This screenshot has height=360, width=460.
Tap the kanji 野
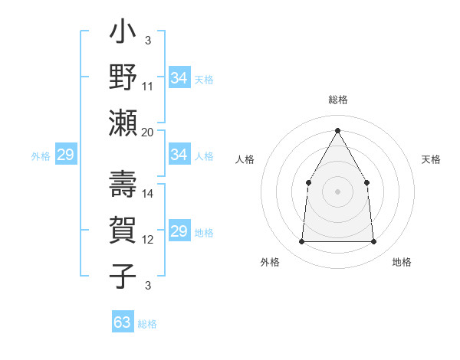point(123,77)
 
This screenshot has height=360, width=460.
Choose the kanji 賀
point(123,231)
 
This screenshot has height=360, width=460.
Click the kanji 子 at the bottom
point(123,273)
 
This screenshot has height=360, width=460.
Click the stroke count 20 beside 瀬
point(148,133)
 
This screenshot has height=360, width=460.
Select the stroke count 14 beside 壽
point(148,194)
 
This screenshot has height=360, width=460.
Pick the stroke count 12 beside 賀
point(148,240)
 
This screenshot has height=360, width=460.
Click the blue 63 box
point(123,322)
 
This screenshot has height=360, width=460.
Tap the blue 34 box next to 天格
point(179,77)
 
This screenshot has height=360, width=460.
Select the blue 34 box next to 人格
point(179,155)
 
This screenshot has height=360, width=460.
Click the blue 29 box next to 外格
point(65,155)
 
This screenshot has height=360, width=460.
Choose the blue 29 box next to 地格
point(179,231)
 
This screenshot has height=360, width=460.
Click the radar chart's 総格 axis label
point(338,100)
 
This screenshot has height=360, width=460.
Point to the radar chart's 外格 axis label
point(270,262)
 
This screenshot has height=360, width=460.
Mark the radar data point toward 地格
point(374,242)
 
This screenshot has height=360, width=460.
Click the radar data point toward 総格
point(337,129)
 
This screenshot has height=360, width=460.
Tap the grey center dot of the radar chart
point(337,191)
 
